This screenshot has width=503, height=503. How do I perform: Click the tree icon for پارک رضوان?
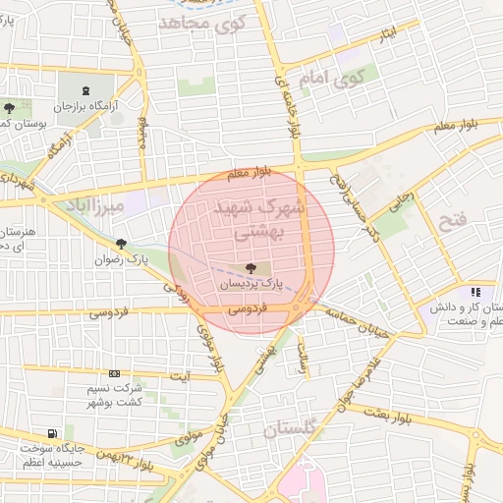coord(122,244)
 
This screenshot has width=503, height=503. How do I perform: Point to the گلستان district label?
coord(292,430)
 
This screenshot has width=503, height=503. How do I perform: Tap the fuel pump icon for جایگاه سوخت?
coord(51,433)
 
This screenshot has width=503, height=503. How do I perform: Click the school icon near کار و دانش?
coord(475,292)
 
